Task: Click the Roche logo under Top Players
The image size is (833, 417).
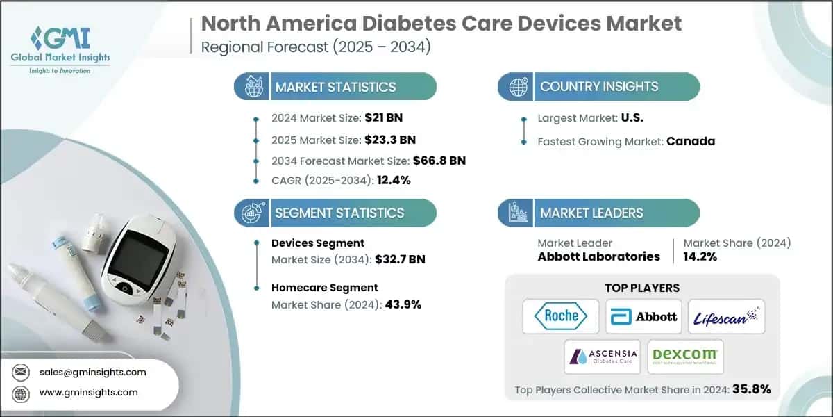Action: [561, 316]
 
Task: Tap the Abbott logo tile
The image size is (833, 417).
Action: [643, 316]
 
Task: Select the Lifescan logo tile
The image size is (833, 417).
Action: [726, 316]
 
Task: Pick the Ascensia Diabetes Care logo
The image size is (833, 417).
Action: [602, 357]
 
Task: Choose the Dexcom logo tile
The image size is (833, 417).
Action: [685, 357]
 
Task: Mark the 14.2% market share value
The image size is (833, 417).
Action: [700, 256]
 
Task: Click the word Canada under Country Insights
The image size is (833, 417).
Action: [691, 141]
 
